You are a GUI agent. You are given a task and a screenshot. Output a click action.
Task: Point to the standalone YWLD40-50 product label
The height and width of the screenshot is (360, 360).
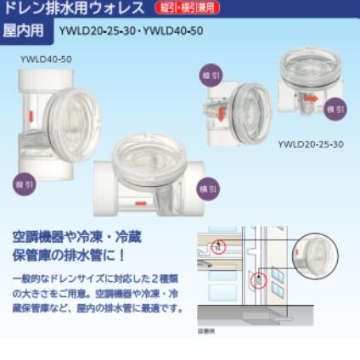pyautogui.click(x=46, y=59)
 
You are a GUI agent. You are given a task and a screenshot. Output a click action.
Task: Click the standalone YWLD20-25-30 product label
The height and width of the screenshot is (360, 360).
pyautogui.click(x=311, y=143)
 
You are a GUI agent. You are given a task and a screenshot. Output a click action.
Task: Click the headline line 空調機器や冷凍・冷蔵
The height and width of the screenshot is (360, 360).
pyautogui.click(x=76, y=236)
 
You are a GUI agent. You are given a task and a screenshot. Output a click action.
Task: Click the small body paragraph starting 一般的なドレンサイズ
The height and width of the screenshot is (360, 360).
pyautogui.click(x=97, y=293)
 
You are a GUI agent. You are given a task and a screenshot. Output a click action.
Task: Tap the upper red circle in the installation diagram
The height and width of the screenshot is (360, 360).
pyautogui.click(x=220, y=246)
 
